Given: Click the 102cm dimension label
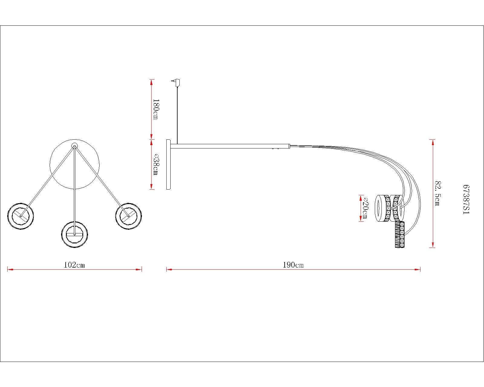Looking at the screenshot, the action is (x=74, y=265).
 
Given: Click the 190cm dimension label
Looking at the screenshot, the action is (x=293, y=265).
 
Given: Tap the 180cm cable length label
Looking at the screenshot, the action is (x=156, y=109).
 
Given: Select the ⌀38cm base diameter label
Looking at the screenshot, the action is (x=156, y=164).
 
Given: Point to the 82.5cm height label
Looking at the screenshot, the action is (x=438, y=193).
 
